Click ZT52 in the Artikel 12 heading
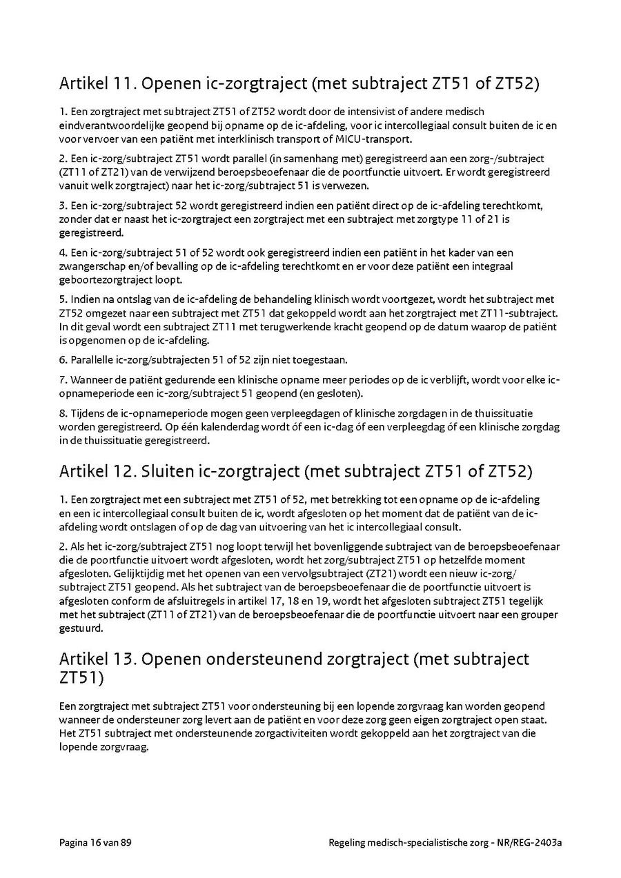(x=510, y=472)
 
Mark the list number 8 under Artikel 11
(x=62, y=413)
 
